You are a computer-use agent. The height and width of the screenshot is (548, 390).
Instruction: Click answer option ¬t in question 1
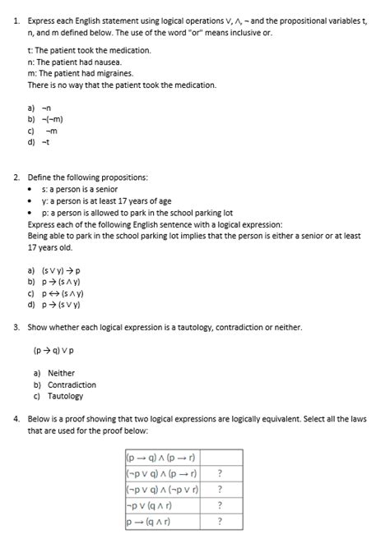[47, 141]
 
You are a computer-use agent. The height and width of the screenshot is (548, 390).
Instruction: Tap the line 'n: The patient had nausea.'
[74, 62]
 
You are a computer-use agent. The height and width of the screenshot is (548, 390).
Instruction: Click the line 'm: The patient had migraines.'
[80, 73]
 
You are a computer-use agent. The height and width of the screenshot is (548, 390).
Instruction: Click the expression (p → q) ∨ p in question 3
[58, 349]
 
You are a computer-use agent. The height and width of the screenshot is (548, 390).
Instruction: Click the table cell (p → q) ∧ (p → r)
[160, 458]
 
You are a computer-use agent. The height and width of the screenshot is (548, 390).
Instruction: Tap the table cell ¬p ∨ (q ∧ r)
[149, 504]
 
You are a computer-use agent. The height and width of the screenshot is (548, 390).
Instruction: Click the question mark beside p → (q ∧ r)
[219, 521]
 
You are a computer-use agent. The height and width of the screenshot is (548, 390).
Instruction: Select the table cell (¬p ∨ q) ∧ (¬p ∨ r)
[162, 489]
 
